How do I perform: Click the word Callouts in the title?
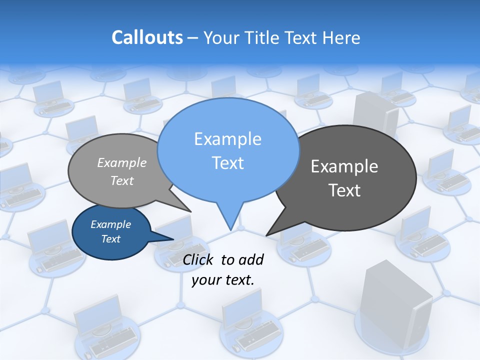coord(147,37)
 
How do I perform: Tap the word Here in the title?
coord(340,37)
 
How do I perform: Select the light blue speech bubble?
coord(228,150)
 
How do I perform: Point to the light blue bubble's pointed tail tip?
coord(230,229)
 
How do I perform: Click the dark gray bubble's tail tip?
coord(266,235)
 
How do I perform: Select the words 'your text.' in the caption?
coord(223,280)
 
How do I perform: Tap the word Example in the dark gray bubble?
coord(344,166)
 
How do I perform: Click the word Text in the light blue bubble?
coord(228,163)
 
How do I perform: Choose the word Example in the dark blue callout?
coord(111,224)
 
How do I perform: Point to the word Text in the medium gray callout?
coord(122,181)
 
